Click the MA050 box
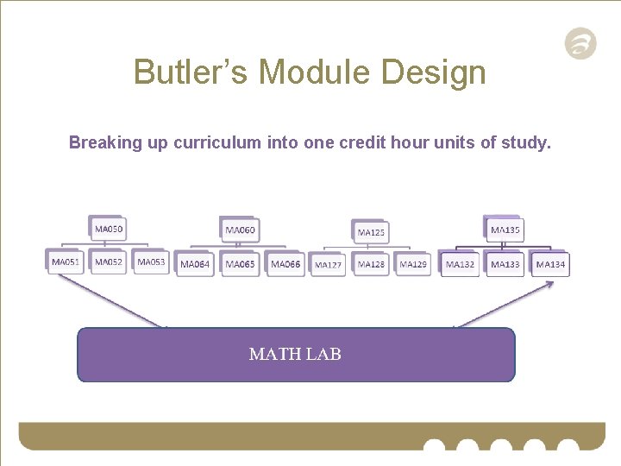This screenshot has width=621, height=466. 109,229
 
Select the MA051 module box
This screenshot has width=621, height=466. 66,261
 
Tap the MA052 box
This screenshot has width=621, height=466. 109,261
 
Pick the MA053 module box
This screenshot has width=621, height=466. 151,261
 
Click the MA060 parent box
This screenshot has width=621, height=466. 241,230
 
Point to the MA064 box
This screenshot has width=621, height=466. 195,264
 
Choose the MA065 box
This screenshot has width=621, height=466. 241,264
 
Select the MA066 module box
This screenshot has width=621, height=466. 285,264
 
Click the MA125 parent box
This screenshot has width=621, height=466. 371,232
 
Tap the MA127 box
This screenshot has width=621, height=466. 328,265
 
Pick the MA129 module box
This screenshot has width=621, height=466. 413,264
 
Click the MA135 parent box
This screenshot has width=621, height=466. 505,230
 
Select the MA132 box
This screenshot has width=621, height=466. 461,264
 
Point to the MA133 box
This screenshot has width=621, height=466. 505,264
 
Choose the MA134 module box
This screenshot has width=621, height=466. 550,264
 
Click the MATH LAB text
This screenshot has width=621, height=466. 295,354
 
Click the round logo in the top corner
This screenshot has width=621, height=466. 580,44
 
